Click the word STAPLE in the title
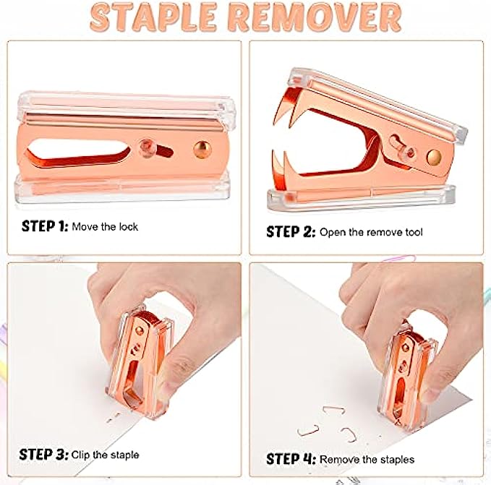(x=153, y=17)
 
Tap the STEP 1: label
(x=45, y=226)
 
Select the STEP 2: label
(x=291, y=232)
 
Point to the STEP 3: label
(x=43, y=455)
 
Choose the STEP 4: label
(x=291, y=460)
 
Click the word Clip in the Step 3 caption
(x=80, y=455)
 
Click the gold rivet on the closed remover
(x=202, y=150)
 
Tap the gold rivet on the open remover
(x=434, y=158)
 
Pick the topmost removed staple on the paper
(x=334, y=410)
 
